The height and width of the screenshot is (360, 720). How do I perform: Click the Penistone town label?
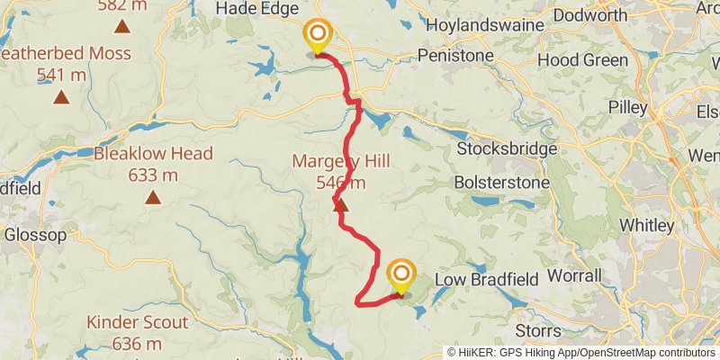coord(457,57)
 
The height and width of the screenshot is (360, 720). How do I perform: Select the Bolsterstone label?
coord(500,181)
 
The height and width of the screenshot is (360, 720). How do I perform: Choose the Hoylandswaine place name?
coord(474,25)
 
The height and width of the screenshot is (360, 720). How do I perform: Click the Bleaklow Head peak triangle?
coord(154,197)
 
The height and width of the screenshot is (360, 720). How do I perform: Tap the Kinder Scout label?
coord(138,322)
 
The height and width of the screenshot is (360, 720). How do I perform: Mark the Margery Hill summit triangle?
coord(340,206)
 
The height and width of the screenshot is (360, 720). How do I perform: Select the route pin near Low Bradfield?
coord(401,276)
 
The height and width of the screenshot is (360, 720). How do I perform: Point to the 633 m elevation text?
coord(153,175)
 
